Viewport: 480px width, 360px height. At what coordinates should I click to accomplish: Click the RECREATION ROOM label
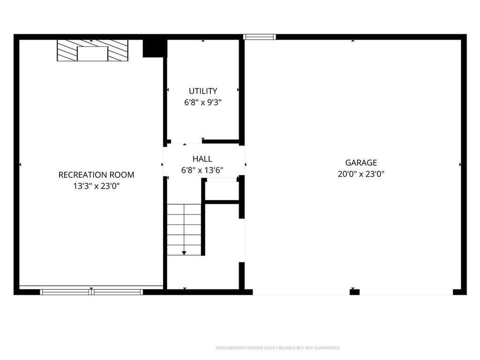pos(96,174)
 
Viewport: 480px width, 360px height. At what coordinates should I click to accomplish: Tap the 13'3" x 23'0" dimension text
pos(96,186)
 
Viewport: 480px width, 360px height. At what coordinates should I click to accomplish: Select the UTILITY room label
pos(203,91)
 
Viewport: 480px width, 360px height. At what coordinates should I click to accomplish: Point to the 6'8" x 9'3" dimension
pos(203,102)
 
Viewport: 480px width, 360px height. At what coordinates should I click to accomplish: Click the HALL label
pos(203,159)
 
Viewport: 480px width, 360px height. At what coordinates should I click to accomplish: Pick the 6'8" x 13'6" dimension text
pos(203,171)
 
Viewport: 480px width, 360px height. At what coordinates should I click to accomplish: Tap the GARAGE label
pos(361,163)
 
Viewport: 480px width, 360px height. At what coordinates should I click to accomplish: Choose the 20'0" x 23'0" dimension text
pos(361,174)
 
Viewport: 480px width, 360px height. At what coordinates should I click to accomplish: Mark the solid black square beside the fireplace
pos(152,48)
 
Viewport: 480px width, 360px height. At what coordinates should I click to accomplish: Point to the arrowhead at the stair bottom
pos(184,253)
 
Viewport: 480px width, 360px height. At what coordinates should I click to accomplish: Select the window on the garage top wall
pos(259,37)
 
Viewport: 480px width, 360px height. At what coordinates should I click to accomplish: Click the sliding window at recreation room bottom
pos(92,292)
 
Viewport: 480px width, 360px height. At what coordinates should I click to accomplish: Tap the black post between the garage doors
pos(354,292)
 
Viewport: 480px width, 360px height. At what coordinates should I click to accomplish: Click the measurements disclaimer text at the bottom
pos(277,348)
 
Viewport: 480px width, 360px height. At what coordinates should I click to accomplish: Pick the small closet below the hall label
pos(221,190)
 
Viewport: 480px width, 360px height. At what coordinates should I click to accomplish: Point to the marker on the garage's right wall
pos(460,165)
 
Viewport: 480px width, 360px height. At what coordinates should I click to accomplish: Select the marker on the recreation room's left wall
pos(20,164)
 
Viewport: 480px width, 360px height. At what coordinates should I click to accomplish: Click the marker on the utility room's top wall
pos(203,41)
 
